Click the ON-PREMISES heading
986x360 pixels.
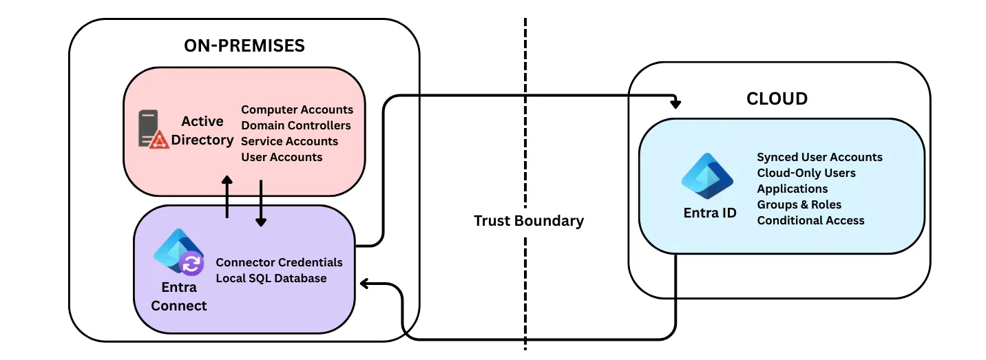244,46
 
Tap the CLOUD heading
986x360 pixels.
777,99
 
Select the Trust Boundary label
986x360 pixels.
528,221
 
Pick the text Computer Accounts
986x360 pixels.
297,109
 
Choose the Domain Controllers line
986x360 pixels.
296,125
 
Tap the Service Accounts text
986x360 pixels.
289,141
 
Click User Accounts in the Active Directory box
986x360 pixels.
282,157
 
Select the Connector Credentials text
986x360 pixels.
279,262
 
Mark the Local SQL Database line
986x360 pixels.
271,278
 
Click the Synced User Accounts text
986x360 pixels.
819,157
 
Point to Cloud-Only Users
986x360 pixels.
806,173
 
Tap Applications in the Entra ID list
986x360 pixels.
793,189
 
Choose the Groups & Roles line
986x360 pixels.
799,204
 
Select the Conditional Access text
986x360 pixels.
810,220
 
